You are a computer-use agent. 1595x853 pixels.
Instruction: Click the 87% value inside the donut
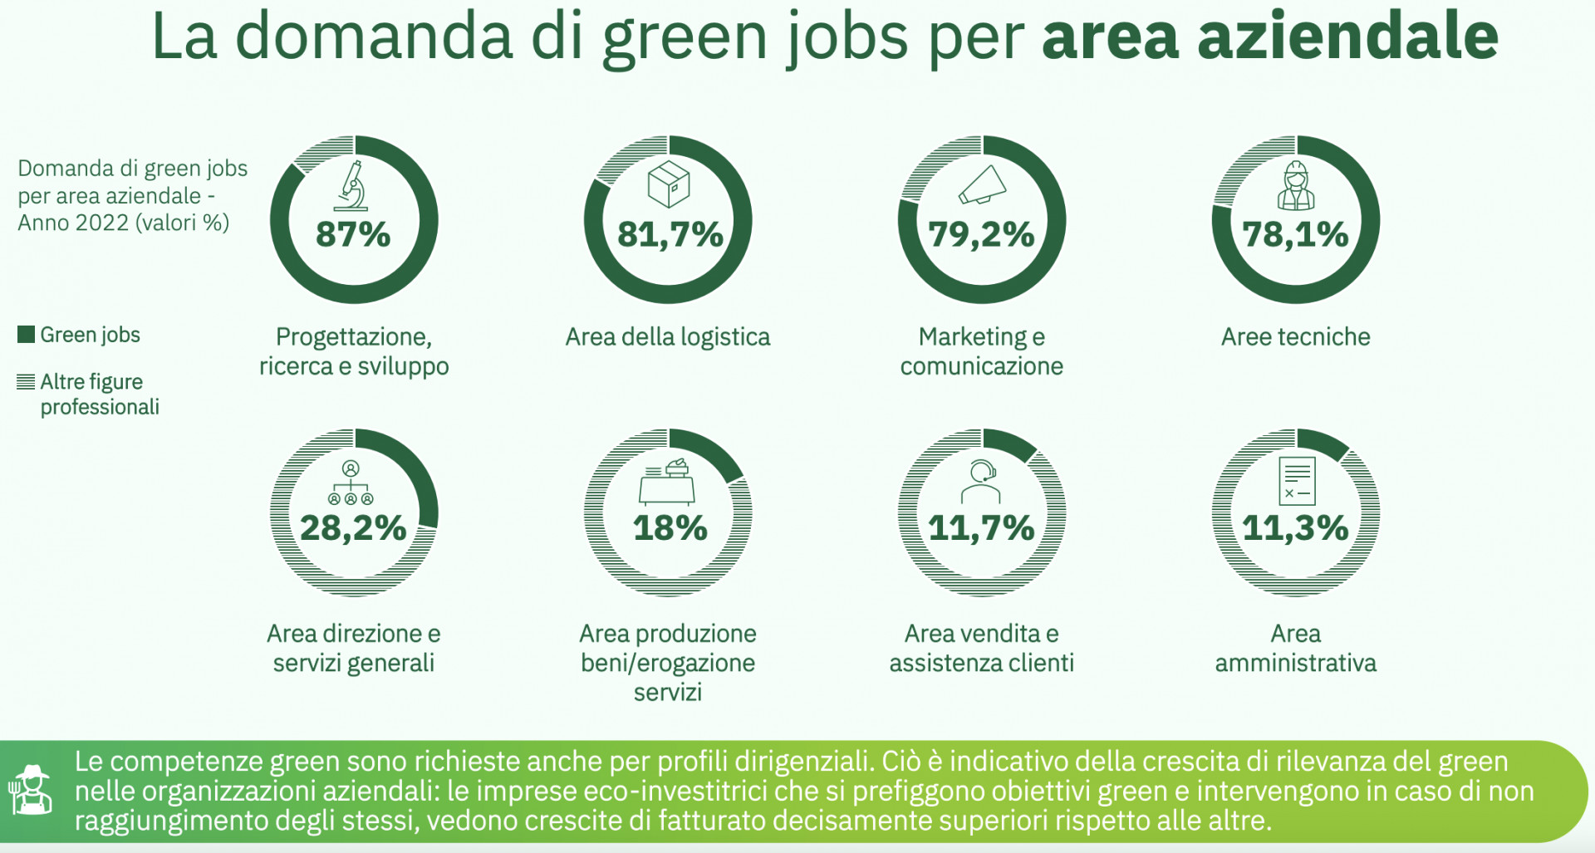(x=353, y=234)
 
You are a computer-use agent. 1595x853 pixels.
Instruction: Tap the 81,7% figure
(x=670, y=234)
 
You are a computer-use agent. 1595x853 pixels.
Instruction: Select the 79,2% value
(x=981, y=234)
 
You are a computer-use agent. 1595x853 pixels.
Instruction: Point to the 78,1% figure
(x=1295, y=234)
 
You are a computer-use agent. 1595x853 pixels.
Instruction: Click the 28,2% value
(x=353, y=527)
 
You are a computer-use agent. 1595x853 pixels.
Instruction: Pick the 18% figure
(x=670, y=527)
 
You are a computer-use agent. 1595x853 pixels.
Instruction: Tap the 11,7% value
(x=981, y=527)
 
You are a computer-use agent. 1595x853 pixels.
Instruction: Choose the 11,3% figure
(x=1295, y=527)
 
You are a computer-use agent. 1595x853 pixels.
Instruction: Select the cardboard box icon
(x=669, y=184)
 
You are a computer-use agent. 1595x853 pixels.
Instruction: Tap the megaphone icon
(x=983, y=185)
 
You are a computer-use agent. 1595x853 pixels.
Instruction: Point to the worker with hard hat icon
(x=1296, y=186)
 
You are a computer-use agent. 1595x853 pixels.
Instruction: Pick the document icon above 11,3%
(x=1297, y=480)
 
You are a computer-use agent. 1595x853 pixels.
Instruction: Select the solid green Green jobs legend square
(x=26, y=335)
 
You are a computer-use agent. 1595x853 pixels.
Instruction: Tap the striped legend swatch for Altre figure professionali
(x=26, y=382)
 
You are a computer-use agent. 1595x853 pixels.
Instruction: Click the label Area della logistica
(x=668, y=336)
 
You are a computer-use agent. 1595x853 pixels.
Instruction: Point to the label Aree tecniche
(x=1295, y=336)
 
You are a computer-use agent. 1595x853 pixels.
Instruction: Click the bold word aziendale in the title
(x=1347, y=37)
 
